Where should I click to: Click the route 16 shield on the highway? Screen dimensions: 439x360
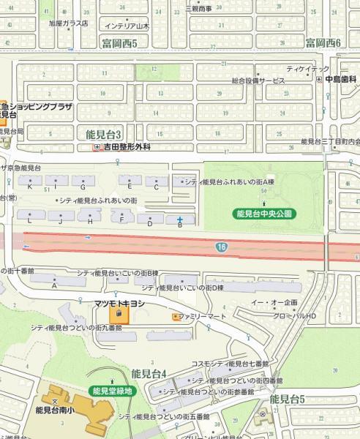[x=221, y=248]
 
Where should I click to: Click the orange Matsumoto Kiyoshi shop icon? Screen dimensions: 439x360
[x=120, y=315]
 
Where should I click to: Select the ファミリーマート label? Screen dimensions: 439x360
[x=200, y=317]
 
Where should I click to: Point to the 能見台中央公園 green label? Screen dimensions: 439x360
[x=265, y=214]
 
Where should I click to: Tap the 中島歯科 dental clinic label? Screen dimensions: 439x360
[x=340, y=78]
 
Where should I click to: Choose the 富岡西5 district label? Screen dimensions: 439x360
[x=125, y=43]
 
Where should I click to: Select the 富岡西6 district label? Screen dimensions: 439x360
[x=324, y=43]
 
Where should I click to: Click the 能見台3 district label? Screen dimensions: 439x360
[x=103, y=135]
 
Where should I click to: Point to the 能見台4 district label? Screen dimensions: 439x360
[x=149, y=374]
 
